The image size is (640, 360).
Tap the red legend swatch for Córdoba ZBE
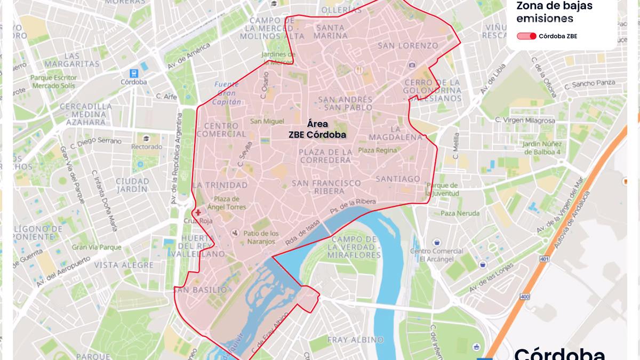527,36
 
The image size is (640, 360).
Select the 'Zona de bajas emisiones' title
545,12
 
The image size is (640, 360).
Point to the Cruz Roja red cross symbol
198,212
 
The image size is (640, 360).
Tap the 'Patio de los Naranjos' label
261,237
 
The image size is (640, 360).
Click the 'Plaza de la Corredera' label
325,156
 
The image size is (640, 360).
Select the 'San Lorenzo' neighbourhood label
407,46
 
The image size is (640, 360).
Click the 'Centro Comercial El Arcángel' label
436,255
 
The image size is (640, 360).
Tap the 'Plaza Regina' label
378,150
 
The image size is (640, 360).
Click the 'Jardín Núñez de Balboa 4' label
541,148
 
